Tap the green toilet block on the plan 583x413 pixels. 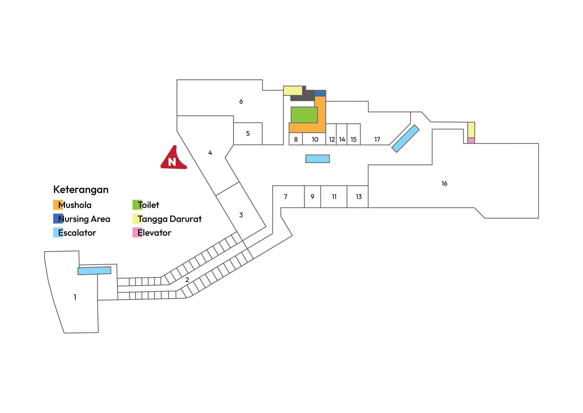coord(304,115)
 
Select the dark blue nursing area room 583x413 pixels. coord(320,93)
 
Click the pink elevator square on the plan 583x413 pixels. coord(472,141)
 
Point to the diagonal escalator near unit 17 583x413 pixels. coord(406,139)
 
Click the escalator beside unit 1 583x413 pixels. coord(94,271)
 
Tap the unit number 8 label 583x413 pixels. coord(296,140)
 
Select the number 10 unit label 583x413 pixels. coord(315,140)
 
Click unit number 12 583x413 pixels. coord(332,140)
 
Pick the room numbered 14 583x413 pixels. coord(342,140)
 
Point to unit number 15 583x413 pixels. coord(353,140)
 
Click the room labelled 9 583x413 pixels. coord(312,197)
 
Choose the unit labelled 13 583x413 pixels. coord(359,197)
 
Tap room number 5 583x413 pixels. coord(248,134)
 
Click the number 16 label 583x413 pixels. coord(444,184)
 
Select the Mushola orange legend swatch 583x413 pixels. coord(58,205)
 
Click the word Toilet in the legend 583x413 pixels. coord(148,205)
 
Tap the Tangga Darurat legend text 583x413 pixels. coord(170,219)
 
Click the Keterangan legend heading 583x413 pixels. coord(81,190)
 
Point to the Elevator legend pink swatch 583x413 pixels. coord(137,232)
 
